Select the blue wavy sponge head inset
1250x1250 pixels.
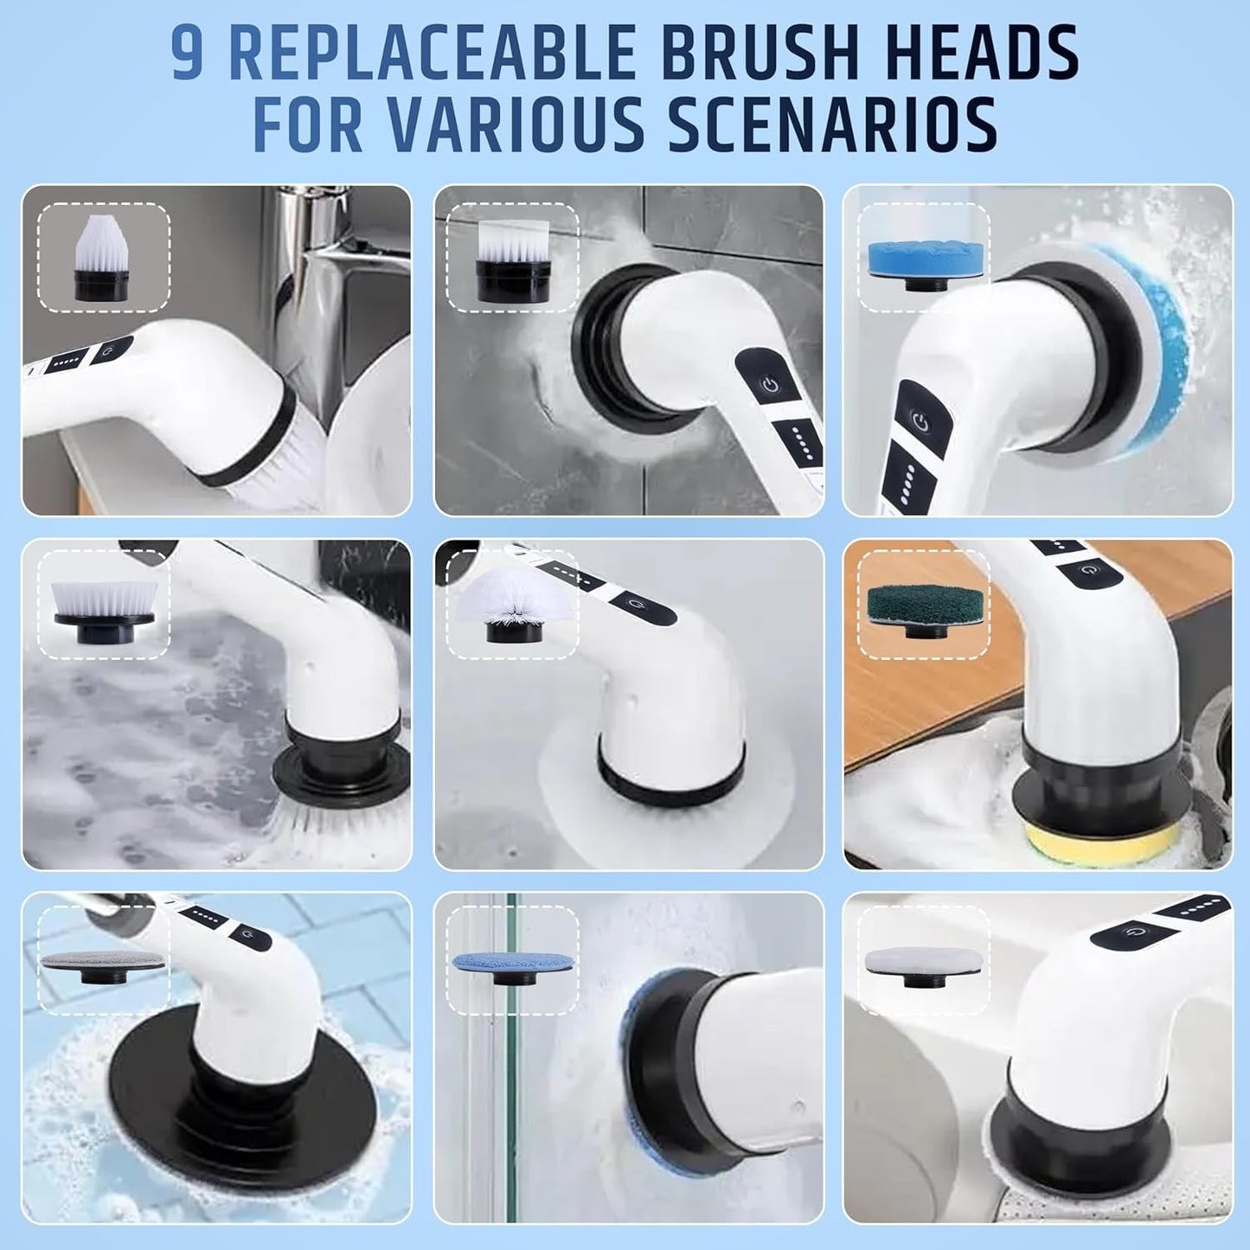[922, 258]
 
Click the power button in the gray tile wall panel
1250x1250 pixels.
[769, 384]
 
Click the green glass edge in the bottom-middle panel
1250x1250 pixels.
[512, 1081]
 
